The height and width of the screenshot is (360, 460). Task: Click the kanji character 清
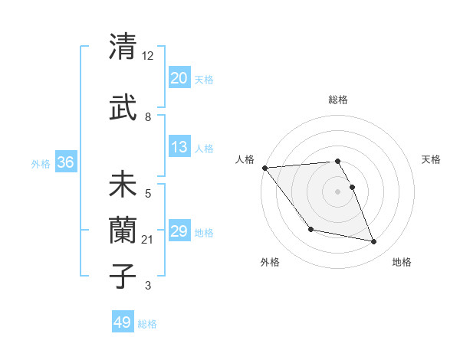[123, 47]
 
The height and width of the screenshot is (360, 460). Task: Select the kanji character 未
[123, 185]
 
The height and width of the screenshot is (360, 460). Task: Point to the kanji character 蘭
[123, 230]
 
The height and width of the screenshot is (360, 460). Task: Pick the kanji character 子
[123, 273]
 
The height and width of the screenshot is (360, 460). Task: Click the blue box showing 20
[179, 78]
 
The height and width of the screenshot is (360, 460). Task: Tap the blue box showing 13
[179, 148]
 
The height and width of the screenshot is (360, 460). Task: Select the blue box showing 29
[179, 231]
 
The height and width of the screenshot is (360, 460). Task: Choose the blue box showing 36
[65, 162]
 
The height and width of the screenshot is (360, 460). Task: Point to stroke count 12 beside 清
[148, 56]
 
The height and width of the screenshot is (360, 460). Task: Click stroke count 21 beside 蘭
[148, 240]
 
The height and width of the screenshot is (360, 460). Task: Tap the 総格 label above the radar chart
[338, 100]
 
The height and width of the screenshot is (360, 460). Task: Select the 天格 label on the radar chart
[432, 159]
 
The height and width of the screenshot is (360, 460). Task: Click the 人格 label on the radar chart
[245, 159]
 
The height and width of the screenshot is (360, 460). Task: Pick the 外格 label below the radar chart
[270, 263]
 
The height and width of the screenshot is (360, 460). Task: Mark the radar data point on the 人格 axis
[264, 168]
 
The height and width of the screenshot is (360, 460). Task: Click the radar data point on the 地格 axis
[374, 242]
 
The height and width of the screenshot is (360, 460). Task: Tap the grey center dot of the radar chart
[338, 191]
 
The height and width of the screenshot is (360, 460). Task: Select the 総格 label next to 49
[147, 324]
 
